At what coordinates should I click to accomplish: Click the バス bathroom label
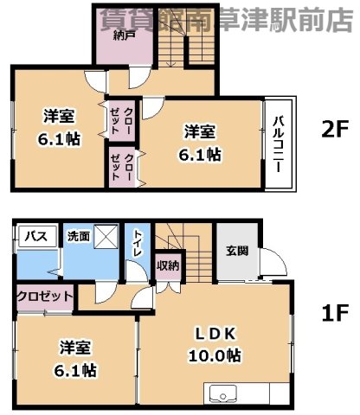pos(35,236)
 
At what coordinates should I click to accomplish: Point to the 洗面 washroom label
pos(77,236)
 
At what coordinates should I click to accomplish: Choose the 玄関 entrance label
pos(237,251)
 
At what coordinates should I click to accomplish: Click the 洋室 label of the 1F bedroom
pos(77,348)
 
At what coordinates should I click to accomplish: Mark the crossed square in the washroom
pos(107,237)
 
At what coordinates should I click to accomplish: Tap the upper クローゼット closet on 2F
pos(122,116)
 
